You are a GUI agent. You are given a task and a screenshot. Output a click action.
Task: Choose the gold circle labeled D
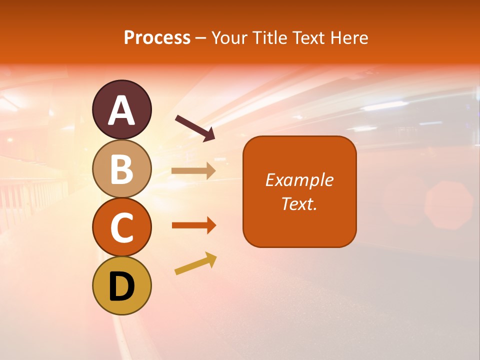tap(121, 286)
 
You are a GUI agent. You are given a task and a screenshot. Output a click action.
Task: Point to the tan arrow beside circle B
tap(193, 171)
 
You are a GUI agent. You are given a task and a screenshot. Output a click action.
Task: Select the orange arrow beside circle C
tap(193, 225)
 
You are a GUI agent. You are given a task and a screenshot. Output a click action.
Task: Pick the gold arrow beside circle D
tap(195, 263)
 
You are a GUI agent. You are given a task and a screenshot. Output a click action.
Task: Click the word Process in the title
tap(157, 37)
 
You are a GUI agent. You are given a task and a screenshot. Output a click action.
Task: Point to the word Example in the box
tap(299, 180)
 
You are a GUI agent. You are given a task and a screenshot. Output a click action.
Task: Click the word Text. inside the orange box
tap(299, 203)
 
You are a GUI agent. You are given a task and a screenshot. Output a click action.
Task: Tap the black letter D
tap(121, 286)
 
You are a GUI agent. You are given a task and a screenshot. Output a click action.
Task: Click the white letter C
tap(121, 227)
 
